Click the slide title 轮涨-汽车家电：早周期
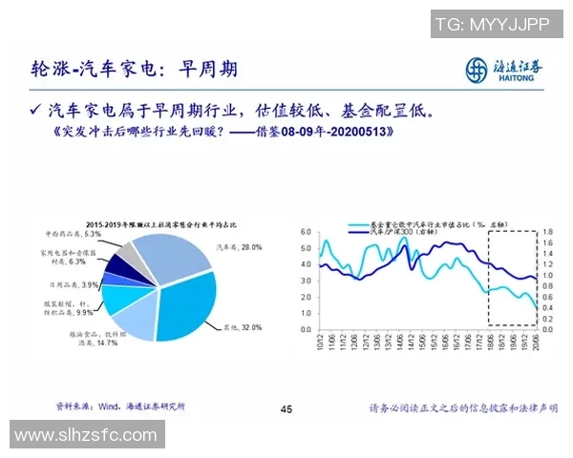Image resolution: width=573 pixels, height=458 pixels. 134,70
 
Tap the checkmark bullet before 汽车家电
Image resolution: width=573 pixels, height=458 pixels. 35,110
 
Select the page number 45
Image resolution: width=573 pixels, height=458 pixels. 286,409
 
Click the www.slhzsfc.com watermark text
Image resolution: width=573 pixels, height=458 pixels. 85,434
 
